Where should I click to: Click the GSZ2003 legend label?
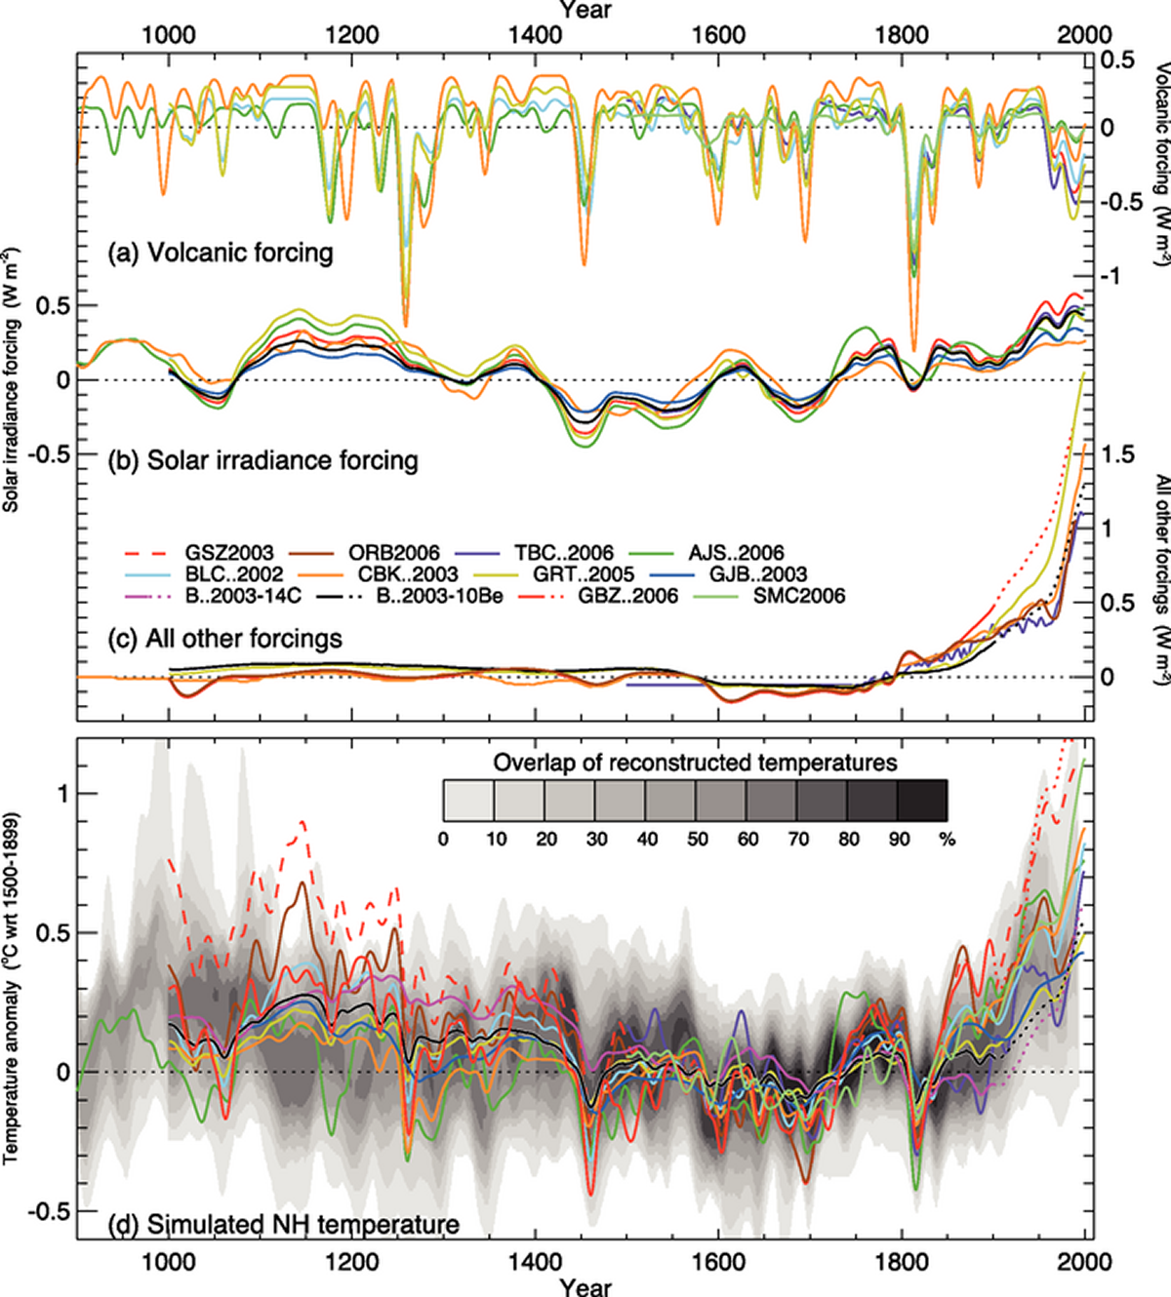pos(229,553)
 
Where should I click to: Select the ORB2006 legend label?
pos(393,553)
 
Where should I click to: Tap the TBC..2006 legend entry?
pos(563,553)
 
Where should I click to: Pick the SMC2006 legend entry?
pos(798,595)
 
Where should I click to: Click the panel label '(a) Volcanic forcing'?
pos(221,254)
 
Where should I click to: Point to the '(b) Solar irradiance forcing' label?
pos(262,460)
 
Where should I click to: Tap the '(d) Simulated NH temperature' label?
pos(283,1224)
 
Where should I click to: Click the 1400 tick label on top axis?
pos(535,35)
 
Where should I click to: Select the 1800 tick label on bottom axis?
pos(902,1262)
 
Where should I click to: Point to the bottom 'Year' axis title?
pos(585,1286)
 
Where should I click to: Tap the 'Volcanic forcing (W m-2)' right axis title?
pos(1161,166)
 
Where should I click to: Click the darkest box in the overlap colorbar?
pos(921,800)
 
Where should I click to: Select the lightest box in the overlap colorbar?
pos(468,800)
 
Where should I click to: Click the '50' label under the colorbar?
pos(697,839)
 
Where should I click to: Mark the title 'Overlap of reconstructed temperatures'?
pos(695,762)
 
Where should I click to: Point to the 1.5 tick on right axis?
pos(1117,454)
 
